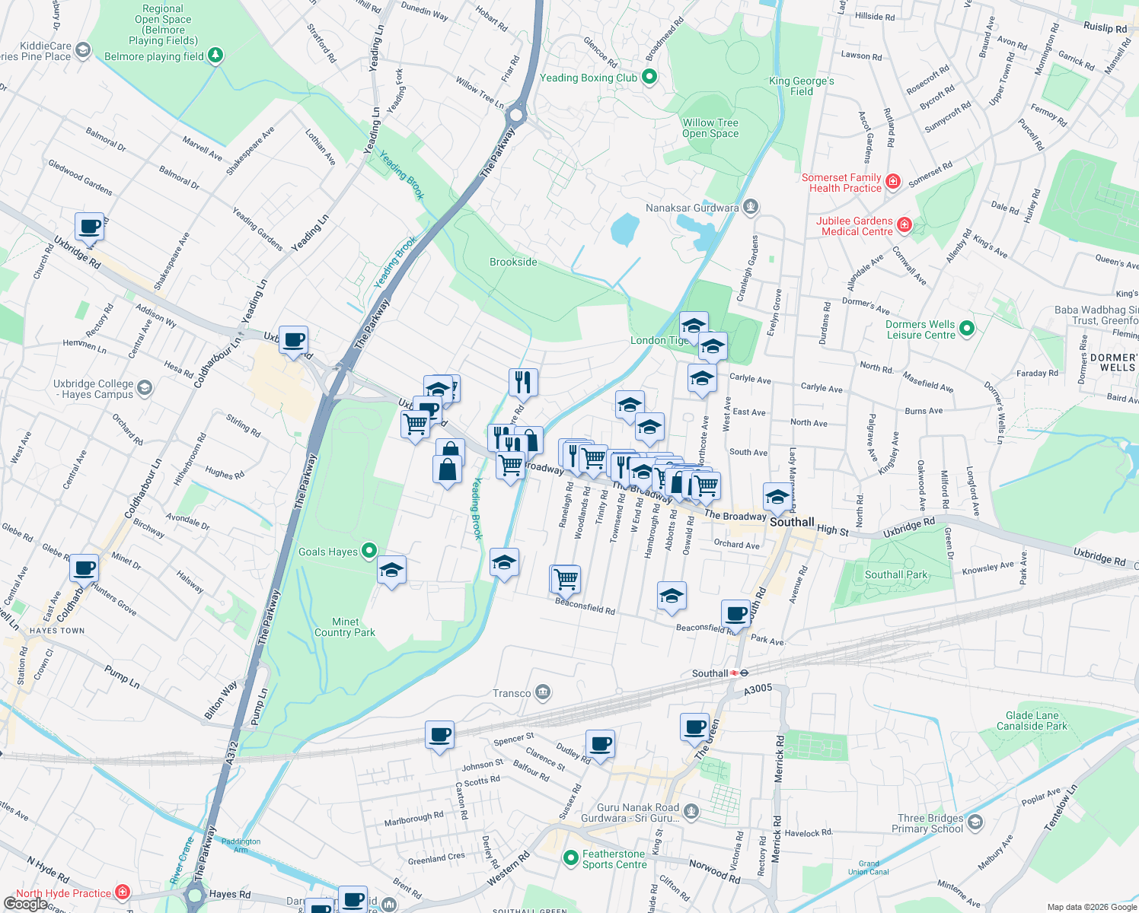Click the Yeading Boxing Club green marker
[x=649, y=77]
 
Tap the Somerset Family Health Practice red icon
[x=893, y=182]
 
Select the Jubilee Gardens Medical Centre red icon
[x=904, y=225]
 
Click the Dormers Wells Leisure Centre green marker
[x=967, y=329]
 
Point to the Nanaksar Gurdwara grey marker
[x=751, y=207]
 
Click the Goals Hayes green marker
[x=369, y=550]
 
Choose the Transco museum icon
[x=543, y=692]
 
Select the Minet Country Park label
[x=345, y=627]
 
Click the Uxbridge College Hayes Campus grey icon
[x=145, y=388]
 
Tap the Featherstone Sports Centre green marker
[x=570, y=858]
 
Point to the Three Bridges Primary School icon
[x=975, y=822]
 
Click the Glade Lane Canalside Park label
[x=1032, y=721]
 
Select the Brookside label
[x=513, y=262]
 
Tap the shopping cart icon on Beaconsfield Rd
[x=566, y=579]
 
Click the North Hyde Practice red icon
[x=123, y=892]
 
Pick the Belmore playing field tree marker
[x=215, y=56]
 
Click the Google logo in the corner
[x=25, y=903]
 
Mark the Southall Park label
[x=896, y=574]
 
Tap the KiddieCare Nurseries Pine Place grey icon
[x=83, y=50]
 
